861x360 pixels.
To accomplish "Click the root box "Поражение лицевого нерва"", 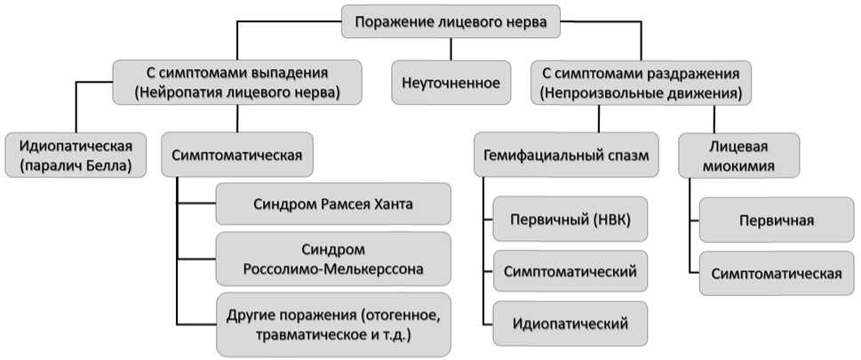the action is coord(450,21).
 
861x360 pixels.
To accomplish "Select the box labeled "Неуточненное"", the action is coord(450,83).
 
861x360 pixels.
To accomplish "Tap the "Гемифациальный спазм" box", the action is coord(566,155).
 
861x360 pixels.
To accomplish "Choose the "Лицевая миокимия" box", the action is coord(739,155).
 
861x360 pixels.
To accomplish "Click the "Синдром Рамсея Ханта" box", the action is coord(333,204).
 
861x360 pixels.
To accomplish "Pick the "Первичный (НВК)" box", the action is coord(570,219).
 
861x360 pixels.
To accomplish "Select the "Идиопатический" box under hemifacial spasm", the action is coord(570,324).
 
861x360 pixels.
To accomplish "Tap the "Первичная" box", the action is coord(777,220).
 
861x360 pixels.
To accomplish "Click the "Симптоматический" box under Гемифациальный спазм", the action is coord(570,271).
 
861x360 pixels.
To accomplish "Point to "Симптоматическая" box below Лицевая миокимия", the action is coord(777,273).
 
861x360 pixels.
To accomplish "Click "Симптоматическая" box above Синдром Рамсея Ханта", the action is coord(236,155).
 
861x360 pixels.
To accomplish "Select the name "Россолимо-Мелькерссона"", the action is coord(333,269).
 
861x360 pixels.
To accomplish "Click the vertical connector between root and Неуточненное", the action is coord(450,49).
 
